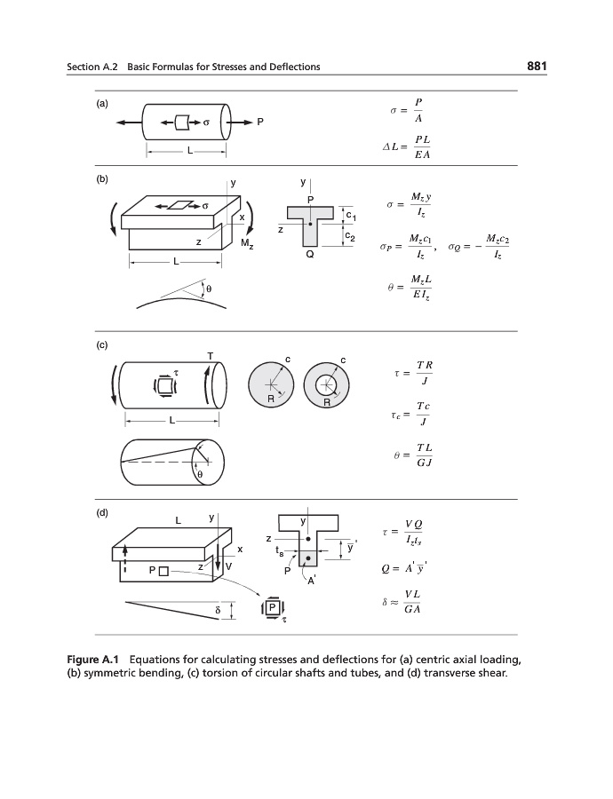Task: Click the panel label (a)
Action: pos(102,103)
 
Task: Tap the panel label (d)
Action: pos(102,513)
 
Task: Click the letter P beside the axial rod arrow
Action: pos(260,121)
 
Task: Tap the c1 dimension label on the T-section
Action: pos(351,216)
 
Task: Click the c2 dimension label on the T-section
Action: pos(351,237)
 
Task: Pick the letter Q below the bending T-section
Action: pos(309,255)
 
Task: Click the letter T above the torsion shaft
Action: pos(210,356)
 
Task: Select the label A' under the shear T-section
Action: pos(312,582)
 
